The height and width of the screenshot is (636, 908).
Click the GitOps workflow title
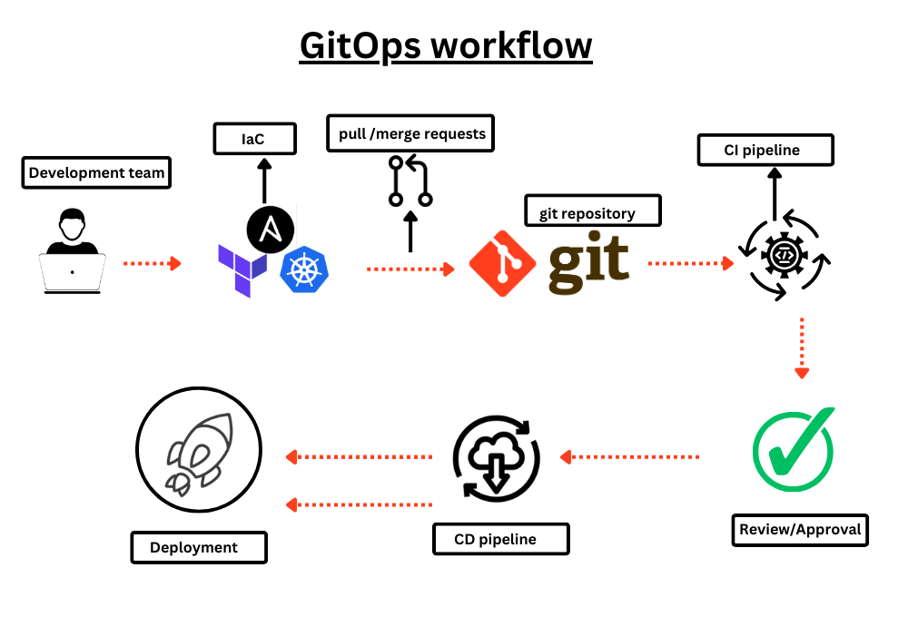(x=446, y=45)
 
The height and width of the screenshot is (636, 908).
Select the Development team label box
(x=96, y=172)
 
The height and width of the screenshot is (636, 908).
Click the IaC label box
(x=254, y=140)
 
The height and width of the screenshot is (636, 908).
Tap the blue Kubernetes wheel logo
(x=304, y=271)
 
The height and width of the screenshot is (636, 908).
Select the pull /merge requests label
(x=410, y=134)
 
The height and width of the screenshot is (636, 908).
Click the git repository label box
(x=593, y=212)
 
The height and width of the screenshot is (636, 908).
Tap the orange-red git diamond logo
(x=502, y=263)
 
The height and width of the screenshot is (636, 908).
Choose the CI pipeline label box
(x=765, y=150)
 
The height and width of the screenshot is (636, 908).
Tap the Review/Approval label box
(x=799, y=529)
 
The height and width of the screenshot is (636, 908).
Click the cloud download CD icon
(x=496, y=457)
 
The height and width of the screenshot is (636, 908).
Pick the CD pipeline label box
(x=500, y=539)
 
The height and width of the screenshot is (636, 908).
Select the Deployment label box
(x=199, y=547)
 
